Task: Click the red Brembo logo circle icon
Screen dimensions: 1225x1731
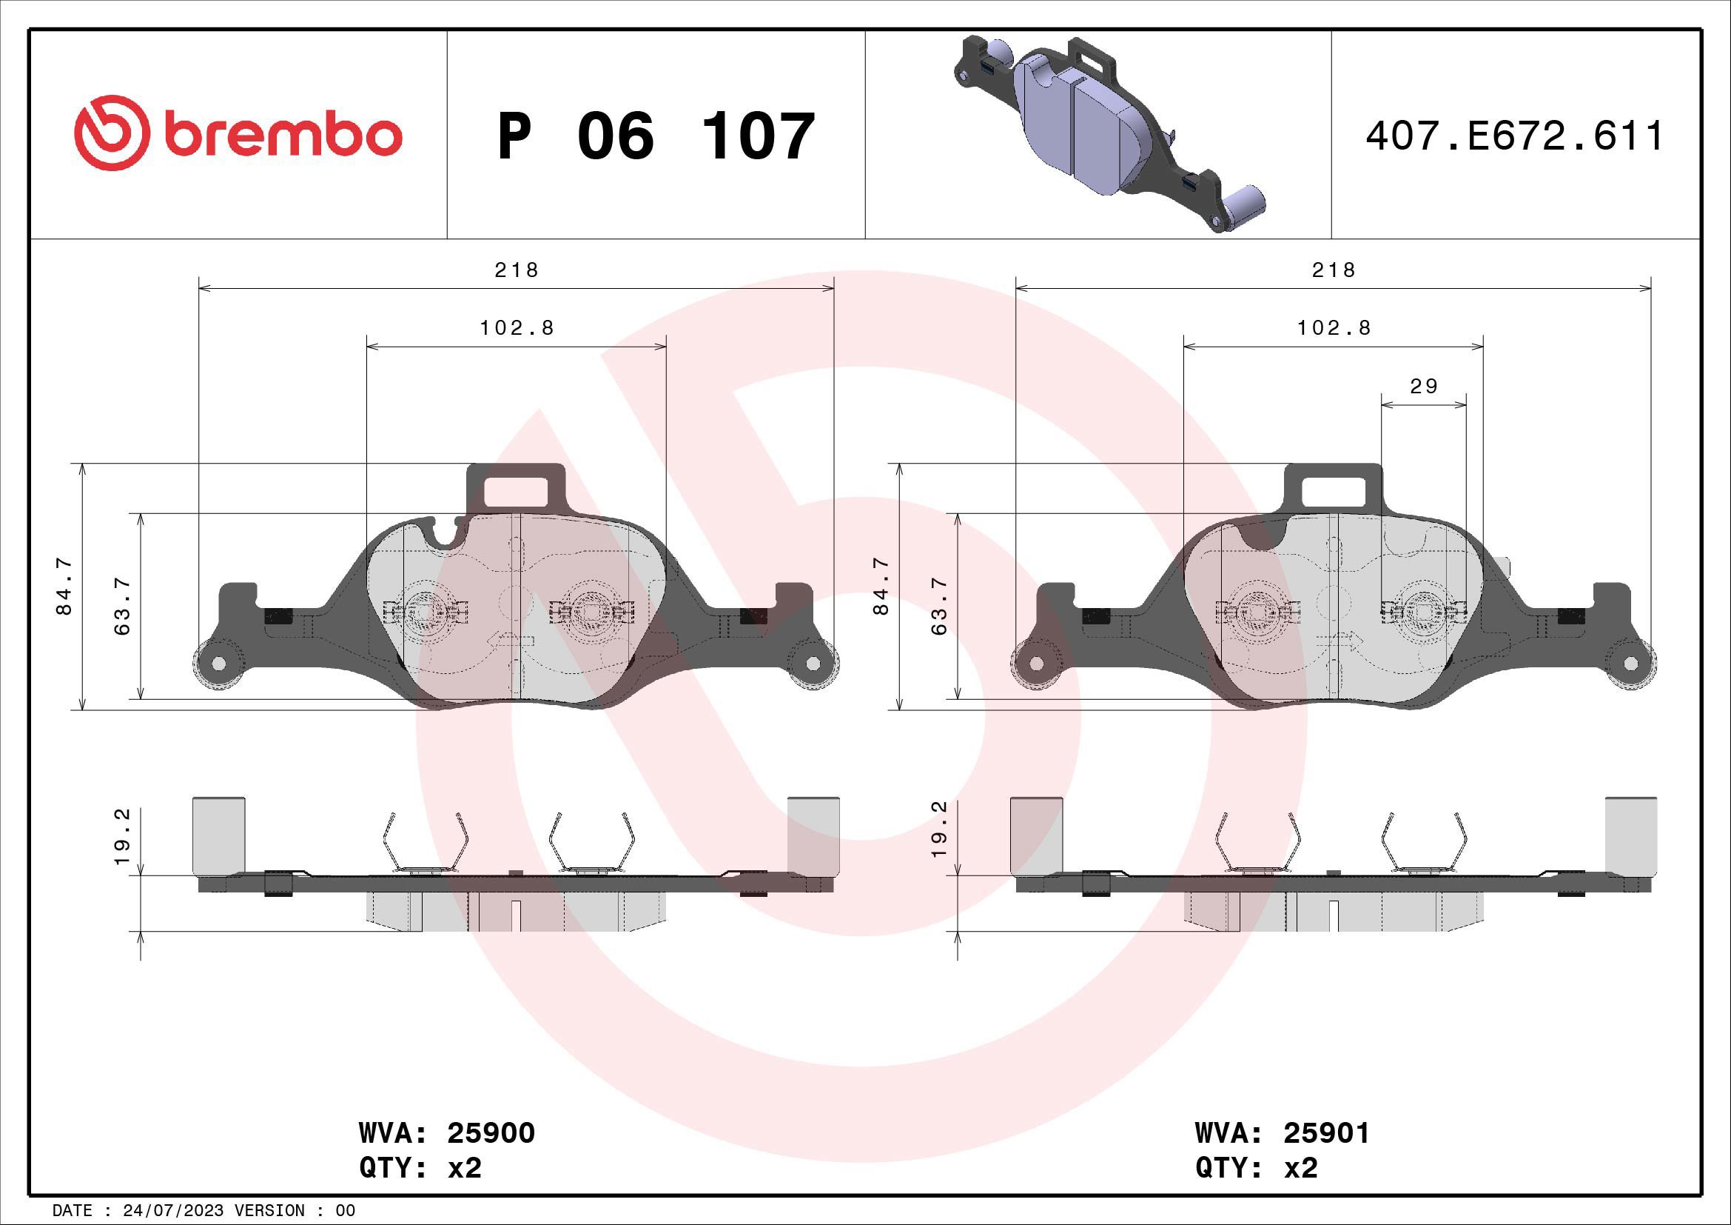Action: point(110,133)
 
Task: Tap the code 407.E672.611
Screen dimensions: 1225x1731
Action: point(1515,136)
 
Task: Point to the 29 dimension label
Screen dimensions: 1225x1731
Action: point(1423,386)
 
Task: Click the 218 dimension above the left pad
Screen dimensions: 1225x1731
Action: point(517,270)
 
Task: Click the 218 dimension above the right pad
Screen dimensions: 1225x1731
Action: point(1333,270)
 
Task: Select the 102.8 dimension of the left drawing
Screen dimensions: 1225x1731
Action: point(517,328)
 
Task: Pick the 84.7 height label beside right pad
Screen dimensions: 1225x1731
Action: point(881,586)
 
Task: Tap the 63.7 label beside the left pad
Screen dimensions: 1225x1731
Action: point(122,606)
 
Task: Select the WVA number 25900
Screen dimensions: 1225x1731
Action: point(491,1133)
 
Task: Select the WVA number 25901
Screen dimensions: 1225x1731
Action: point(1326,1133)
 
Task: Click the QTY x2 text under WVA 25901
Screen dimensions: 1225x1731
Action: point(1257,1168)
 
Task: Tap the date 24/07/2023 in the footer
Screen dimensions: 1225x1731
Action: point(172,1211)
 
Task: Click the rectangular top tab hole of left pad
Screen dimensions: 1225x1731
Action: point(516,491)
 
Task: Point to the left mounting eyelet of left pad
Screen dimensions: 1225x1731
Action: point(218,664)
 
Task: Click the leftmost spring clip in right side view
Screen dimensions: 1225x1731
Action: point(1258,844)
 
